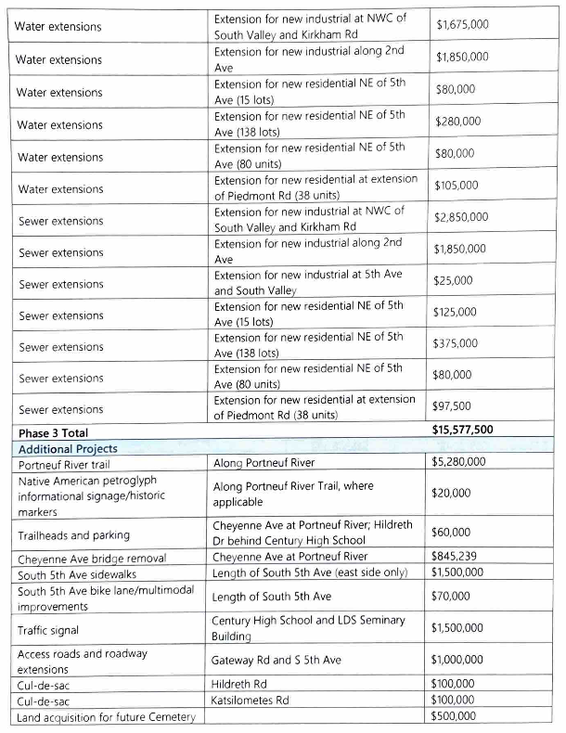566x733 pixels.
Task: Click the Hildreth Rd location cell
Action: click(x=240, y=684)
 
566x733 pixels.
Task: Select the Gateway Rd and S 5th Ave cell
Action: click(x=277, y=660)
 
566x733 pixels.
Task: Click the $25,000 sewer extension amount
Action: click(x=454, y=280)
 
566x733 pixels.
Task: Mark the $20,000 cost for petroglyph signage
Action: click(x=454, y=494)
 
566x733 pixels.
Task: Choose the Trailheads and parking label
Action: click(x=74, y=534)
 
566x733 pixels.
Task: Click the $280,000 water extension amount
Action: click(x=457, y=122)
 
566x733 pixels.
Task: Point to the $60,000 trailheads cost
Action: click(x=454, y=533)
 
